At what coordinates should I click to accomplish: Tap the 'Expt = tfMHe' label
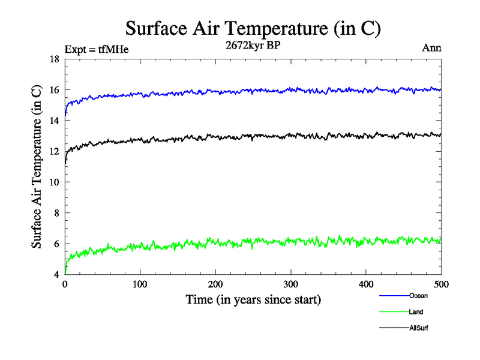pos(96,49)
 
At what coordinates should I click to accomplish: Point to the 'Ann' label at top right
pos(432,48)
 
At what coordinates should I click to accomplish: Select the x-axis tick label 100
pos(140,284)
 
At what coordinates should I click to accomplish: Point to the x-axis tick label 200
pos(215,284)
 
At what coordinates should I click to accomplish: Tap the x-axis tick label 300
pos(290,284)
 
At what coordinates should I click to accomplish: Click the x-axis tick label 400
pos(366,284)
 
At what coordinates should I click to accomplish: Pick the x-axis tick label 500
pos(441,284)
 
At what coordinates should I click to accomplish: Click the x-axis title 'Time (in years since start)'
pos(253,299)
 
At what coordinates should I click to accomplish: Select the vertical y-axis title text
pos(37,167)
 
